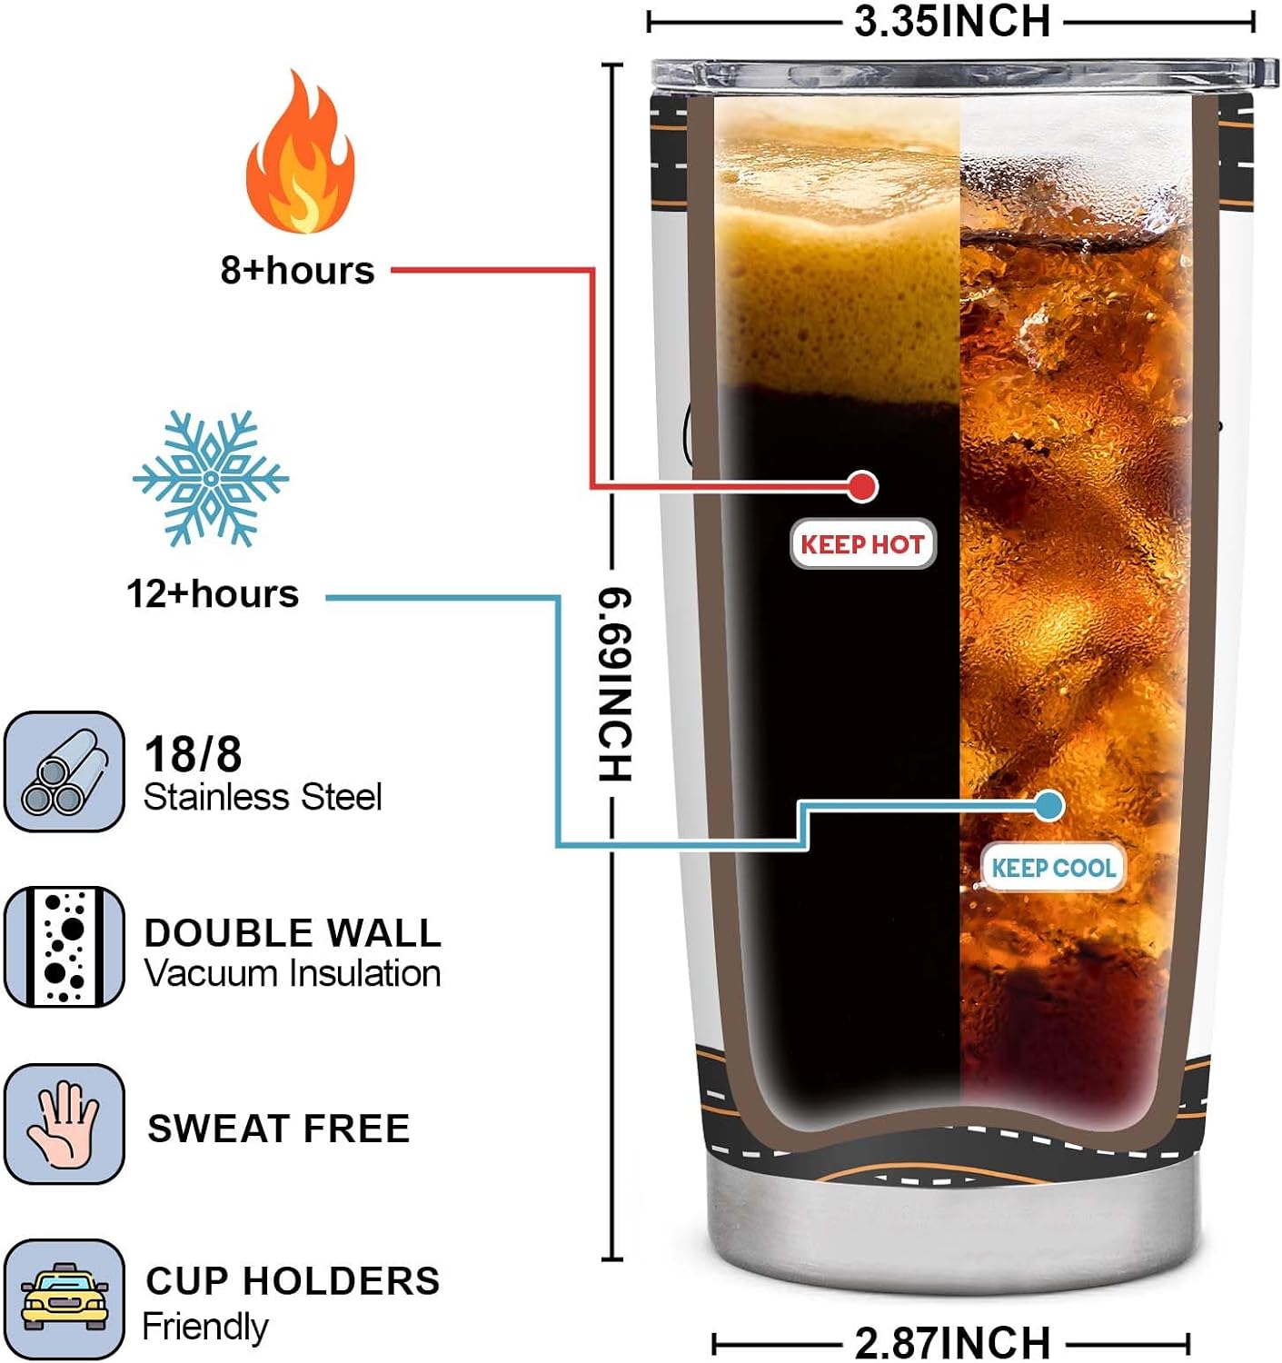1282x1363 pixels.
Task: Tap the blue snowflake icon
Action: [x=211, y=478]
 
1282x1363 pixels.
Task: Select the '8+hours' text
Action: [x=297, y=270]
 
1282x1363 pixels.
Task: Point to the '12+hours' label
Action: [x=213, y=593]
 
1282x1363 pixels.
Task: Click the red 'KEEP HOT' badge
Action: [x=862, y=544]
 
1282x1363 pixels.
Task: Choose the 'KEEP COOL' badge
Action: [x=1053, y=868]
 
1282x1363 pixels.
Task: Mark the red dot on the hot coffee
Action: [x=862, y=486]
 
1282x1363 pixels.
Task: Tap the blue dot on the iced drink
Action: [x=1048, y=806]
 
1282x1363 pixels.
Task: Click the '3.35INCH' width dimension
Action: [x=952, y=21]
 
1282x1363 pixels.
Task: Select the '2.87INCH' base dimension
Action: [x=952, y=1342]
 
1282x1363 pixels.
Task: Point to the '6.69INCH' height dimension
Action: [x=614, y=684]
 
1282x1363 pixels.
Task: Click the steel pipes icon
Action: [x=65, y=771]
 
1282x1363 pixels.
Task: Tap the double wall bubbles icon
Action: [x=65, y=947]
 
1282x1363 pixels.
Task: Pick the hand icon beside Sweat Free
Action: [x=65, y=1124]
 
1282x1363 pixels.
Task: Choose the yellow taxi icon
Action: [x=65, y=1300]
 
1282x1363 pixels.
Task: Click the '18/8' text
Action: [x=193, y=754]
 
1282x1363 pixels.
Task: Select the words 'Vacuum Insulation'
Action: [x=293, y=973]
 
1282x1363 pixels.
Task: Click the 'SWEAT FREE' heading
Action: [x=279, y=1129]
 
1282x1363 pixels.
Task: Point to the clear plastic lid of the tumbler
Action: [x=964, y=75]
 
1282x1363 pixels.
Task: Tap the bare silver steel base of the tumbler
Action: [x=954, y=1229]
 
